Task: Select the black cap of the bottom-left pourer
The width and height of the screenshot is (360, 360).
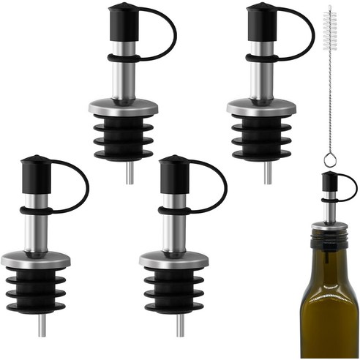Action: (x=34, y=172)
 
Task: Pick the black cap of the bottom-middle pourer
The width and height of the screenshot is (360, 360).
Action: (x=173, y=172)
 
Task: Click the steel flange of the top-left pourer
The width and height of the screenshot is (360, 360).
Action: (x=122, y=108)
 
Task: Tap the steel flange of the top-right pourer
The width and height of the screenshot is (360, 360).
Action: (x=260, y=108)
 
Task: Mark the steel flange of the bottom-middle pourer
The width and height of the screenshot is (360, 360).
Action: (x=173, y=258)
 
